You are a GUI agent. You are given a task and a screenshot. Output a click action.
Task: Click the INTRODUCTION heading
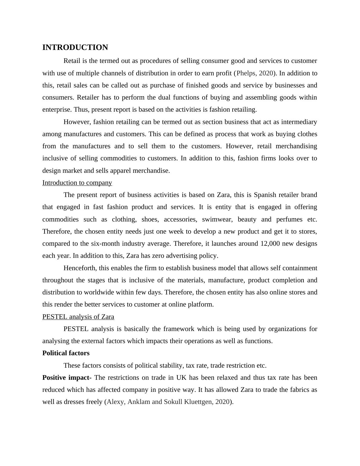[x=75, y=48]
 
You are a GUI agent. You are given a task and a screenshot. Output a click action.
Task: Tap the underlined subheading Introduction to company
[x=77, y=183]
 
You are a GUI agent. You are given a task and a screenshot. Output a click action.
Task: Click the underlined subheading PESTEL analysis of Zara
[x=78, y=317]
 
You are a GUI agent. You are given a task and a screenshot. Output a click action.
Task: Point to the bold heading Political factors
[x=66, y=353]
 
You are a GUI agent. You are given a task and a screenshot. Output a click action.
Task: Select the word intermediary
[x=299, y=122]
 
